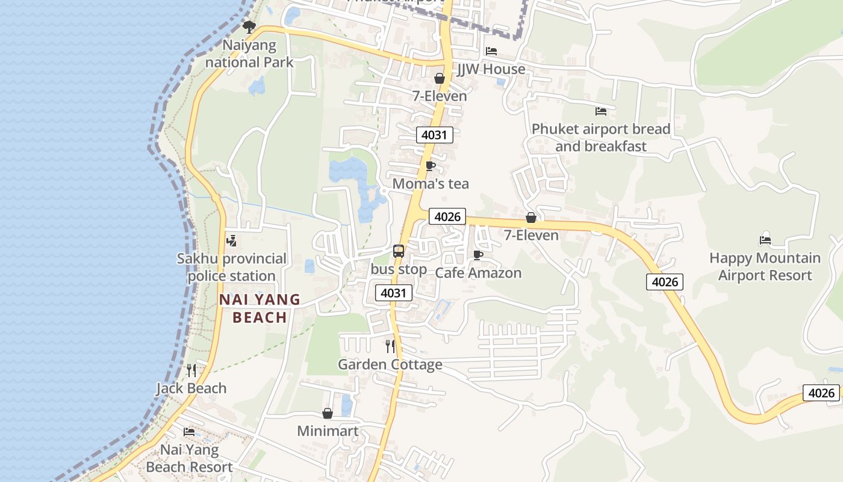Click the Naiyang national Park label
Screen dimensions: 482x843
point(249,54)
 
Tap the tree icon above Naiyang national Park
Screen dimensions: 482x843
point(249,27)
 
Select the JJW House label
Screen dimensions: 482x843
point(491,69)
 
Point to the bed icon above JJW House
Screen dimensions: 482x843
point(491,51)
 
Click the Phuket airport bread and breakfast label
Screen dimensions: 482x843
point(601,137)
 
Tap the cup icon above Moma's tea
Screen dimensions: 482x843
point(431,166)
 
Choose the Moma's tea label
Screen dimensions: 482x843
point(431,184)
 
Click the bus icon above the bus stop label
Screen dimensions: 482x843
point(399,251)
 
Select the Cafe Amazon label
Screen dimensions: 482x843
point(478,273)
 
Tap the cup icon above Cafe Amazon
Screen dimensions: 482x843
point(478,255)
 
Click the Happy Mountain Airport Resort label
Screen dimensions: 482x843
point(765,266)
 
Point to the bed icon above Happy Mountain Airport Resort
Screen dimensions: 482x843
point(765,240)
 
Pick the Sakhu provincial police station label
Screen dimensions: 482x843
point(232,268)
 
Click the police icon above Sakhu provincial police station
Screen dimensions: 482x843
point(231,241)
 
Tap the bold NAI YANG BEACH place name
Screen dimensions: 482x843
point(260,308)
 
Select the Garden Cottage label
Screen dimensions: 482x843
point(390,365)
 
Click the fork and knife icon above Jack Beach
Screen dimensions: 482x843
point(191,370)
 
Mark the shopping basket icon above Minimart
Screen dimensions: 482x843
point(328,413)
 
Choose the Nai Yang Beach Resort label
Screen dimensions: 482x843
point(189,459)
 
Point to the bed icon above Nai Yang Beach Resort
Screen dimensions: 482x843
point(189,432)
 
